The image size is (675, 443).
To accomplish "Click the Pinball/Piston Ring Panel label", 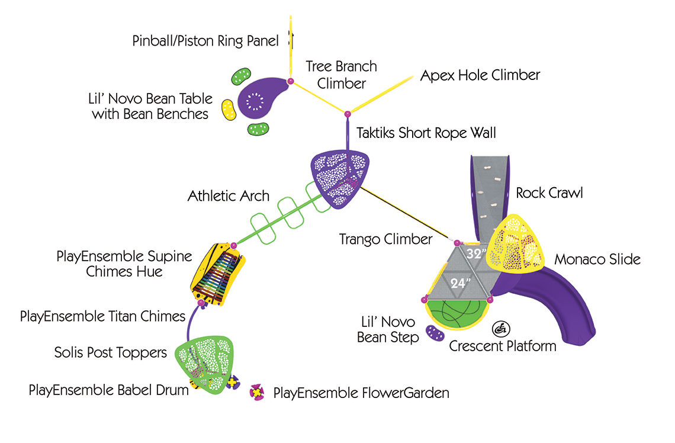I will click(x=205, y=41).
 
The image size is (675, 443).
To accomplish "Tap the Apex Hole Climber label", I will click(x=480, y=75).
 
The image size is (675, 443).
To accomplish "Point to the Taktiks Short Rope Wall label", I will click(x=426, y=133).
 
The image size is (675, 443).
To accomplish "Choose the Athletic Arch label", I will click(x=228, y=195).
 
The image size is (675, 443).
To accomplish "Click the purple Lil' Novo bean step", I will click(x=435, y=333).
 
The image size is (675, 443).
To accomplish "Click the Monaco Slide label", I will click(x=597, y=259).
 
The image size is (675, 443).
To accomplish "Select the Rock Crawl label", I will click(x=549, y=193).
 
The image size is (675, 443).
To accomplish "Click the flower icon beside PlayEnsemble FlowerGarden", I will click(x=257, y=392).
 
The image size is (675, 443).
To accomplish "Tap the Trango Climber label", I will click(x=385, y=239).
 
